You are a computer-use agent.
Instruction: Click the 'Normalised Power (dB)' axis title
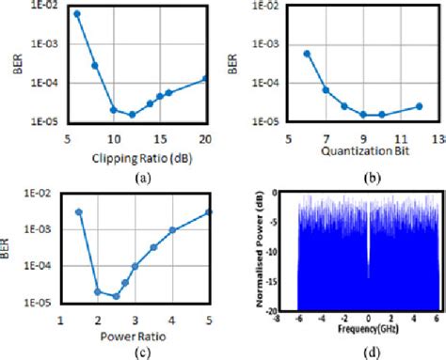click(258, 252)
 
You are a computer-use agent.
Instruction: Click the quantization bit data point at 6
click(307, 54)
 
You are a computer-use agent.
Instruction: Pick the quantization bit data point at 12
click(419, 106)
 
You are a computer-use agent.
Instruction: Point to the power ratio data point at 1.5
click(79, 212)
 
